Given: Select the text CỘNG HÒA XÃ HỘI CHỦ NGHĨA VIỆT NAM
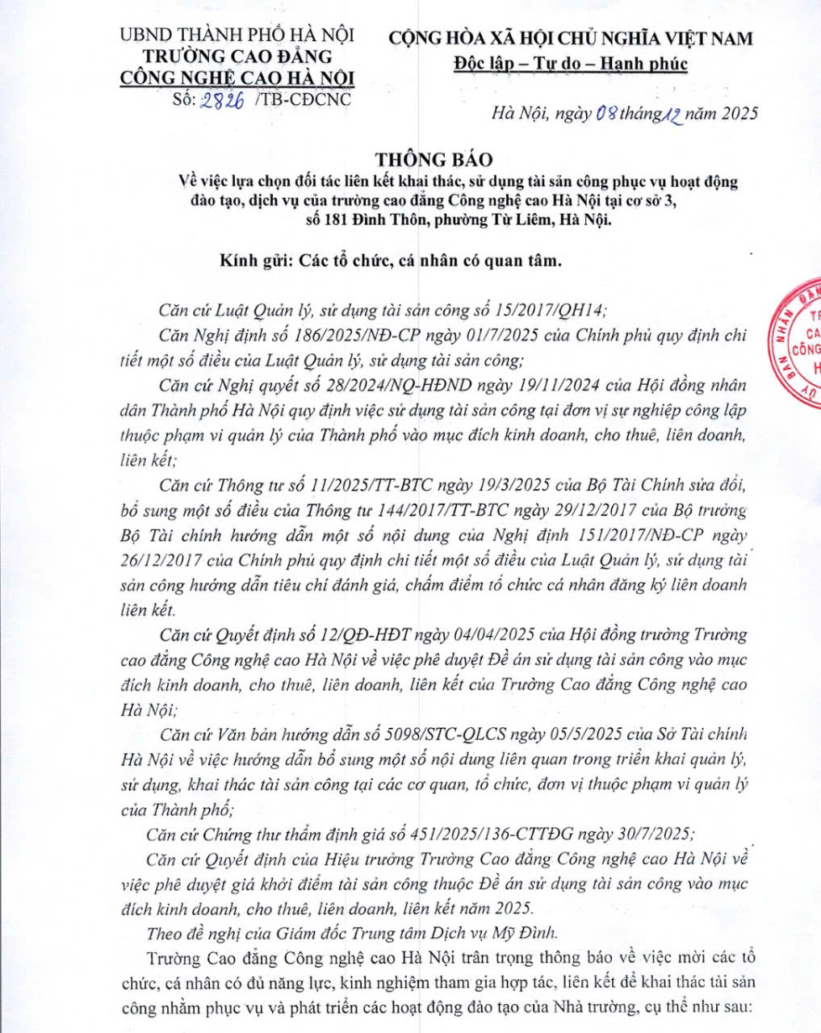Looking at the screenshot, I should (x=571, y=38).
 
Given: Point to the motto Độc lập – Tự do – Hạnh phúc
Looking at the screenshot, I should (x=571, y=63).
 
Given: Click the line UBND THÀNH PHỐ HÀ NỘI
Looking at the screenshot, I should (x=237, y=36).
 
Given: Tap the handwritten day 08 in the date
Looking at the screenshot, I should (x=606, y=113).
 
